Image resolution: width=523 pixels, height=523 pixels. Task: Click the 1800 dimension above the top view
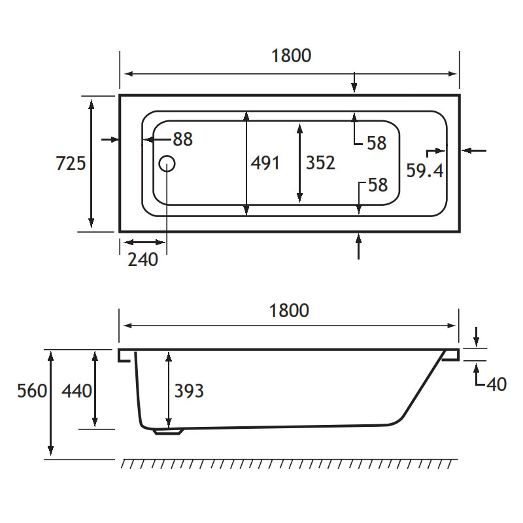tap(291, 56)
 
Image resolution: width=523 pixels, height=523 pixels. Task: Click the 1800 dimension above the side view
tap(289, 311)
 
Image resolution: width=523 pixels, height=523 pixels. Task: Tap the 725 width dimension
tap(71, 163)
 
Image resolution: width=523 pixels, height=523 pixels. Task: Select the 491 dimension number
tap(265, 163)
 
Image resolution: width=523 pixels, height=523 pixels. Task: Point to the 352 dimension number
tap(320, 163)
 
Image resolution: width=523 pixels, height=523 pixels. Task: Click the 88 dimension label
tap(183, 139)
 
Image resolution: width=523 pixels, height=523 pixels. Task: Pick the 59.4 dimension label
tap(424, 171)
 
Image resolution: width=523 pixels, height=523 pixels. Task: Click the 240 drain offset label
tap(143, 260)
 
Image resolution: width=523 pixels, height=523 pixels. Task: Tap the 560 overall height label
tap(32, 390)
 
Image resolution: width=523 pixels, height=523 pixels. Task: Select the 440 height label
tap(76, 390)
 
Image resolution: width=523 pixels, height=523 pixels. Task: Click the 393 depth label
tap(189, 390)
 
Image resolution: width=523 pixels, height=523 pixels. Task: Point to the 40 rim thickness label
tap(497, 384)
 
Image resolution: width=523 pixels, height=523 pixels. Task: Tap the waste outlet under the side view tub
tap(169, 431)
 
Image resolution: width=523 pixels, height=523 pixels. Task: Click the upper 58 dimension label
tap(377, 143)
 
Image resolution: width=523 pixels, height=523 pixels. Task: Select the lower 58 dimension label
tap(378, 185)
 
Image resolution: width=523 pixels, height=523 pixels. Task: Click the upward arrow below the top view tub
tap(358, 246)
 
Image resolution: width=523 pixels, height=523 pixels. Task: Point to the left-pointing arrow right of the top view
tap(474, 151)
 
